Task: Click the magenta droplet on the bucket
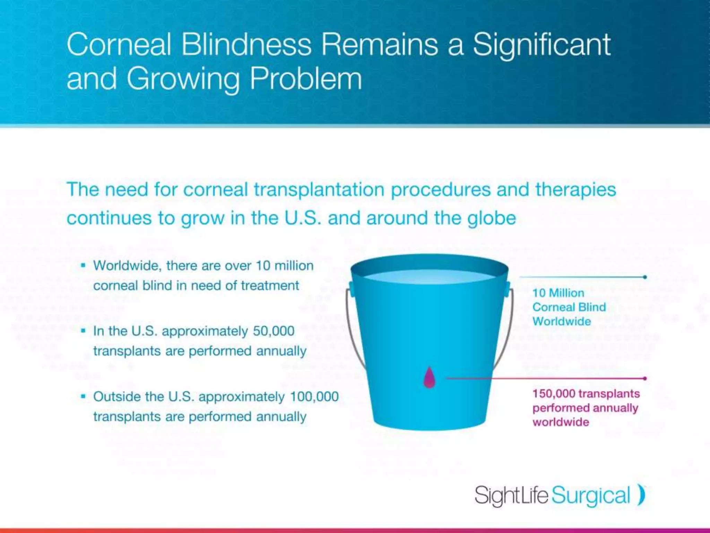pyautogui.click(x=429, y=378)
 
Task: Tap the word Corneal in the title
pyautogui.click(x=119, y=45)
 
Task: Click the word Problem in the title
pyautogui.click(x=306, y=79)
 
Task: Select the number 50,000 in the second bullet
pyautogui.click(x=274, y=331)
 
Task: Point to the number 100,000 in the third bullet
pyautogui.click(x=314, y=397)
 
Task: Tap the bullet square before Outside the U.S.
pyautogui.click(x=83, y=396)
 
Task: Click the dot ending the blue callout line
pyautogui.click(x=645, y=277)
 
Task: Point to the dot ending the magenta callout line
pyautogui.click(x=645, y=378)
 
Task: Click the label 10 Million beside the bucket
pyautogui.click(x=558, y=293)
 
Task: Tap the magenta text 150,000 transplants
pyautogui.click(x=586, y=394)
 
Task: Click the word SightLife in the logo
pyautogui.click(x=511, y=495)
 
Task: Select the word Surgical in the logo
pyautogui.click(x=590, y=496)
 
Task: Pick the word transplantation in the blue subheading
pyautogui.click(x=319, y=190)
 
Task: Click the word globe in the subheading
pyautogui.click(x=492, y=219)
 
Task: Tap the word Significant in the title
pyautogui.click(x=542, y=45)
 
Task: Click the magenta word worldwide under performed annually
pyautogui.click(x=561, y=422)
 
